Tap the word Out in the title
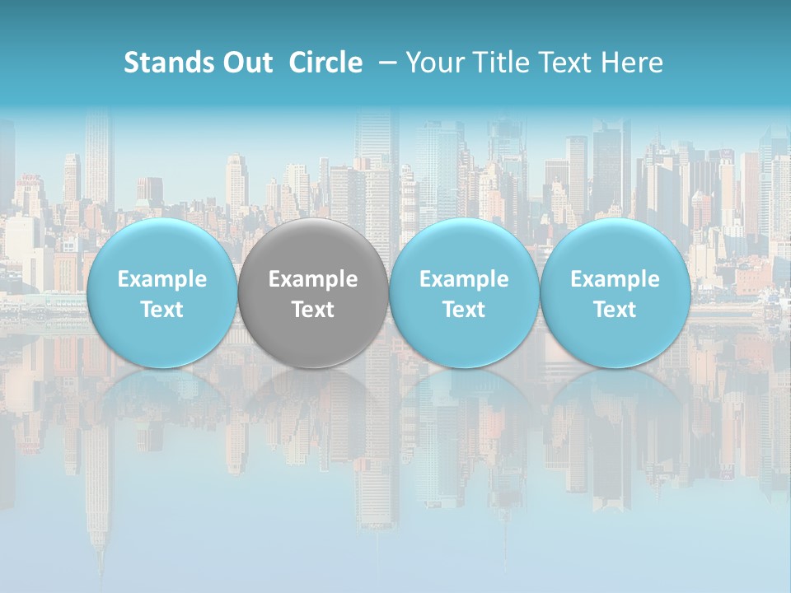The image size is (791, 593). pos(246,63)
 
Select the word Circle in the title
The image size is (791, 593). pos(325,63)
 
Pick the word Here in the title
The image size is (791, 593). pos(631,63)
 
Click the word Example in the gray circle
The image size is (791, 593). pos(313,279)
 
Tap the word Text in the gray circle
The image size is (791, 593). pos(313,310)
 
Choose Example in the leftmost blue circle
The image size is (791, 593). pos(161,279)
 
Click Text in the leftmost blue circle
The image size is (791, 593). pos(161,310)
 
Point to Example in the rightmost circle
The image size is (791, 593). pos(615,279)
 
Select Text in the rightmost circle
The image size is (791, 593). pos(615,310)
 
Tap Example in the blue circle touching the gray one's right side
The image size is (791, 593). pos(464,279)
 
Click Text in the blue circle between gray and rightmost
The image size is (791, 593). pos(464,310)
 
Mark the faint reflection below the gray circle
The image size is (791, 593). pos(313,395)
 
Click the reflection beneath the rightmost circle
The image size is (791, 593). pos(615,395)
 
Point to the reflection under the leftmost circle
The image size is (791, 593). pos(161,395)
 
